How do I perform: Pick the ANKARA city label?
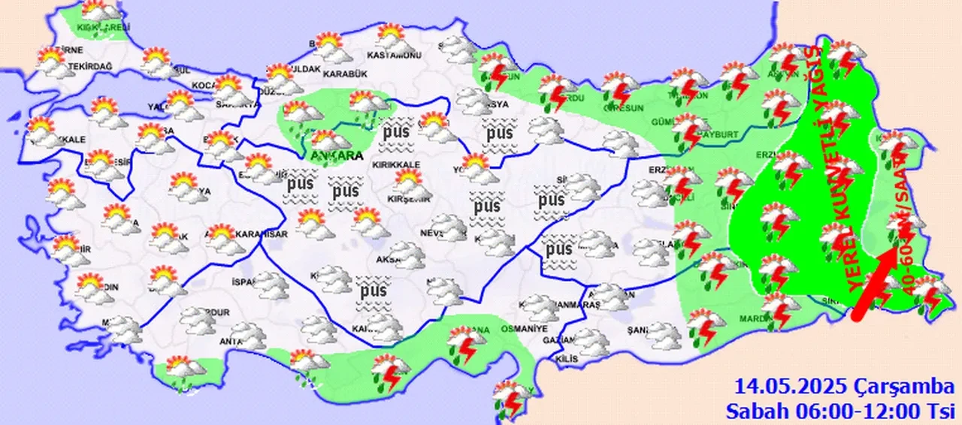[x=336, y=156]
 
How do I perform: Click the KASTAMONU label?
[x=392, y=56]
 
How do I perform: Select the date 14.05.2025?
[x=791, y=387]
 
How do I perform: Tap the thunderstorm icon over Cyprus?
[x=513, y=398]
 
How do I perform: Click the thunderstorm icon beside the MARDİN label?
[x=782, y=309]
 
